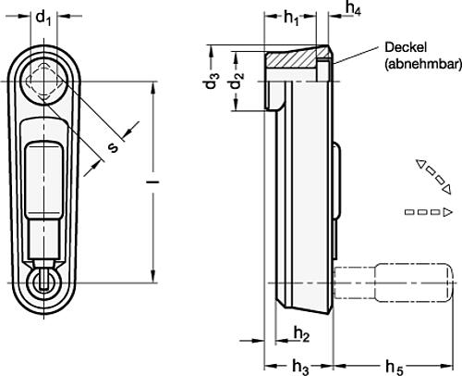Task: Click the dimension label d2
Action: (237, 81)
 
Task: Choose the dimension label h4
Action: (352, 9)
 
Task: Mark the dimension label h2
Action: (300, 333)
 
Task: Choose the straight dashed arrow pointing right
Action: (429, 214)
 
